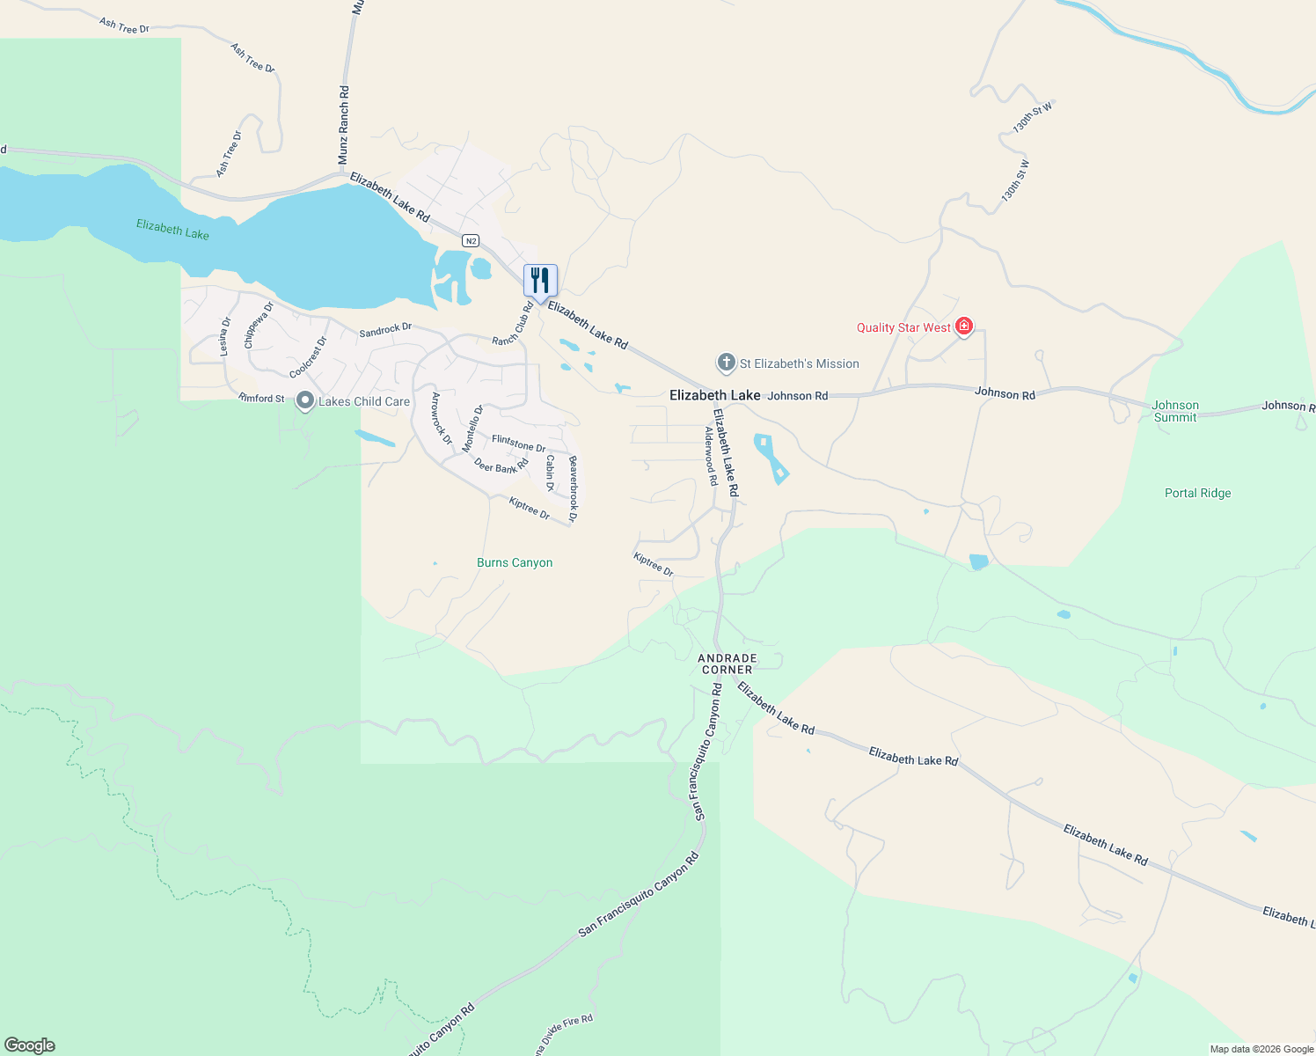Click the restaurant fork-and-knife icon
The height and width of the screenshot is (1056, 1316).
[540, 281]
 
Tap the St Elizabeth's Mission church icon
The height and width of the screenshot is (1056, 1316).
[726, 363]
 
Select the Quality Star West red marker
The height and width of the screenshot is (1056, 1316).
[964, 326]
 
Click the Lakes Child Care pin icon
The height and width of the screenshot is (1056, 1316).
[304, 400]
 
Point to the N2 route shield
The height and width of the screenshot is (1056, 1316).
[471, 240]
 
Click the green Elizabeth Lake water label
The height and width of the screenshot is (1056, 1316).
[172, 230]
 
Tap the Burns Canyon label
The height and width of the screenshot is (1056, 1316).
[515, 562]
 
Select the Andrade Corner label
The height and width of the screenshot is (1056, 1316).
[727, 664]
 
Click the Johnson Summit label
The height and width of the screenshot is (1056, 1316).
[1175, 411]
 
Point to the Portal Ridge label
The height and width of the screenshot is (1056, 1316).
[1197, 493]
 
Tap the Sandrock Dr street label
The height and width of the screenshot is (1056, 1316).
[385, 330]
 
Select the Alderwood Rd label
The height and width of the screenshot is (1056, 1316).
[711, 456]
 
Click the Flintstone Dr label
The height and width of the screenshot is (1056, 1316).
[518, 443]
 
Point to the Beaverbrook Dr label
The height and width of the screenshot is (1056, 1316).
[573, 489]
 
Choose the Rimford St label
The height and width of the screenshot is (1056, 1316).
[261, 398]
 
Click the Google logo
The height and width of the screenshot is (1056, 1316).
[30, 1045]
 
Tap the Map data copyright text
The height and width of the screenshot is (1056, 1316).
[1261, 1049]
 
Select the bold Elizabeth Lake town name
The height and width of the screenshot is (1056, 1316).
[714, 395]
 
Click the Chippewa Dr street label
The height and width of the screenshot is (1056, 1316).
[259, 325]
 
